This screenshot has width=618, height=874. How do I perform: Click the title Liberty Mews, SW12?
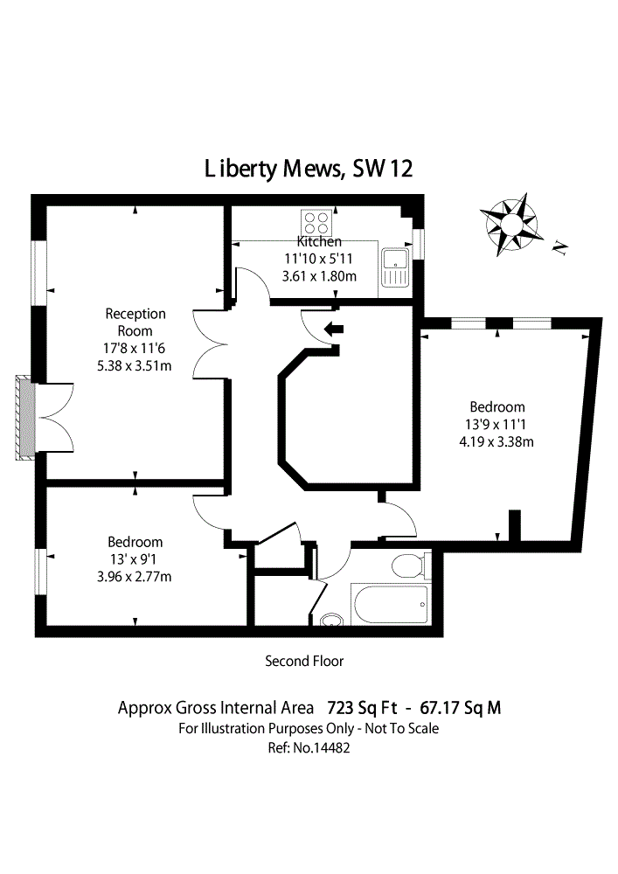pos(308,169)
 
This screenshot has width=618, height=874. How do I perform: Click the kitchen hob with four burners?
pos(316,220)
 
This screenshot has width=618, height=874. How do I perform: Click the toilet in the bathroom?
pos(409,567)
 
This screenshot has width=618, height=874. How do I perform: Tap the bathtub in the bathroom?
pos(390,605)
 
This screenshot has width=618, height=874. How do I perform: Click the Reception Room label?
pos(135,322)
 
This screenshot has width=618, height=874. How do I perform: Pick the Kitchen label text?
pos(319,241)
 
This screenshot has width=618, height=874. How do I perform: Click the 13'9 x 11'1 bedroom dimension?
pos(496,424)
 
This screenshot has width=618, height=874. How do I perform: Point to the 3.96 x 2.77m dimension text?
pos(135,576)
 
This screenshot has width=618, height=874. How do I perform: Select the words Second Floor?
pos(304,662)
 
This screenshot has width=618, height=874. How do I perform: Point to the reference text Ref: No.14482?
pos(309,748)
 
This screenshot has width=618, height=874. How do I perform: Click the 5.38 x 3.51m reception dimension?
pos(135,365)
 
